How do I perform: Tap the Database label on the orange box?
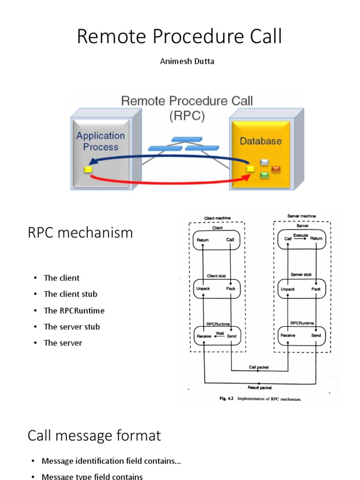point(261,141)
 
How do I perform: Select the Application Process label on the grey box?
point(100,141)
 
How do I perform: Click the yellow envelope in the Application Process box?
point(88,170)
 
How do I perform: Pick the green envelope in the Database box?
point(264,175)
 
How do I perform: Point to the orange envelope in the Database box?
point(276,169)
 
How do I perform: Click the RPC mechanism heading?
point(80,232)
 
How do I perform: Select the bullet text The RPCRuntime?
point(74,310)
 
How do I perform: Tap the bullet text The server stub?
point(72,327)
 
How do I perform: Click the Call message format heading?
point(94,435)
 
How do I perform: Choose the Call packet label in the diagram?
point(259,367)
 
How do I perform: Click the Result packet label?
point(259,388)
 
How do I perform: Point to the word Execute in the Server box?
point(300,235)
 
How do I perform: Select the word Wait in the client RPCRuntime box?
point(219,333)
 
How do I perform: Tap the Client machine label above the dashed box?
point(217,218)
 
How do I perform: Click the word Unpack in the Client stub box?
point(203,289)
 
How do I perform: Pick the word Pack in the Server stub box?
point(316,289)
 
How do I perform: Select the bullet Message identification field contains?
point(111,461)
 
